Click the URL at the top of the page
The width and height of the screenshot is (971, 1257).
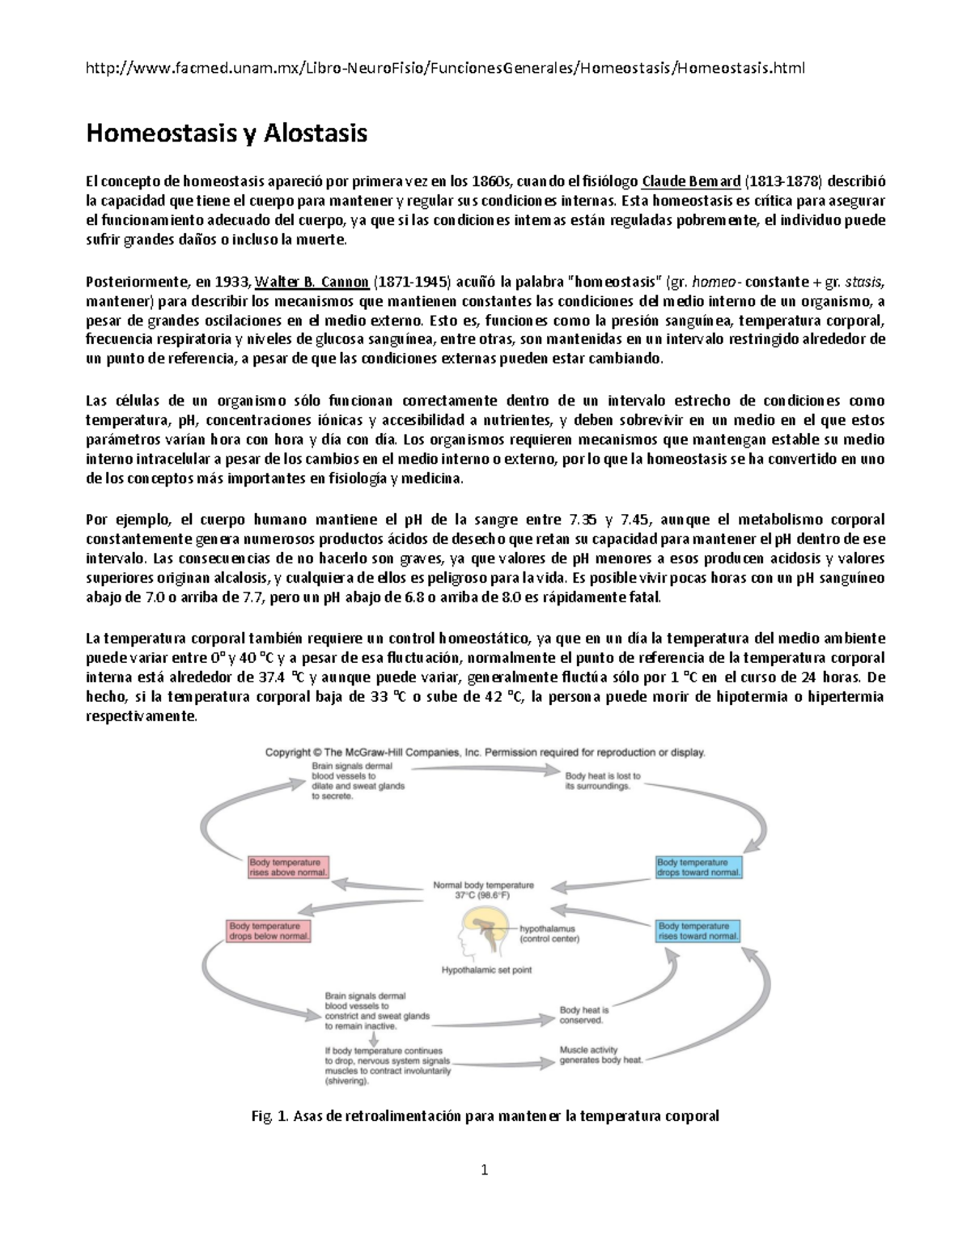click(445, 68)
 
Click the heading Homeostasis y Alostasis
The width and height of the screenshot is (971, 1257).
click(227, 133)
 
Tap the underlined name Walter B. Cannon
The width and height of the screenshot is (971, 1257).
click(312, 282)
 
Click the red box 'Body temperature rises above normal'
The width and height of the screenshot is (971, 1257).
click(288, 867)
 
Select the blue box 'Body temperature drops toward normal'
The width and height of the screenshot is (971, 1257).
click(698, 867)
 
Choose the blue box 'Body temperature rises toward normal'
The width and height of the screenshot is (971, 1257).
click(698, 931)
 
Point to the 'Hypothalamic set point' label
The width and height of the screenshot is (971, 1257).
click(485, 969)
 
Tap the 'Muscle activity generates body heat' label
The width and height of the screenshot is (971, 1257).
click(601, 1055)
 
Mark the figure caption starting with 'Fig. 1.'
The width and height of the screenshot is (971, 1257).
click(485, 1116)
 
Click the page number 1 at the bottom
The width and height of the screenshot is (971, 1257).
click(485, 1169)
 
